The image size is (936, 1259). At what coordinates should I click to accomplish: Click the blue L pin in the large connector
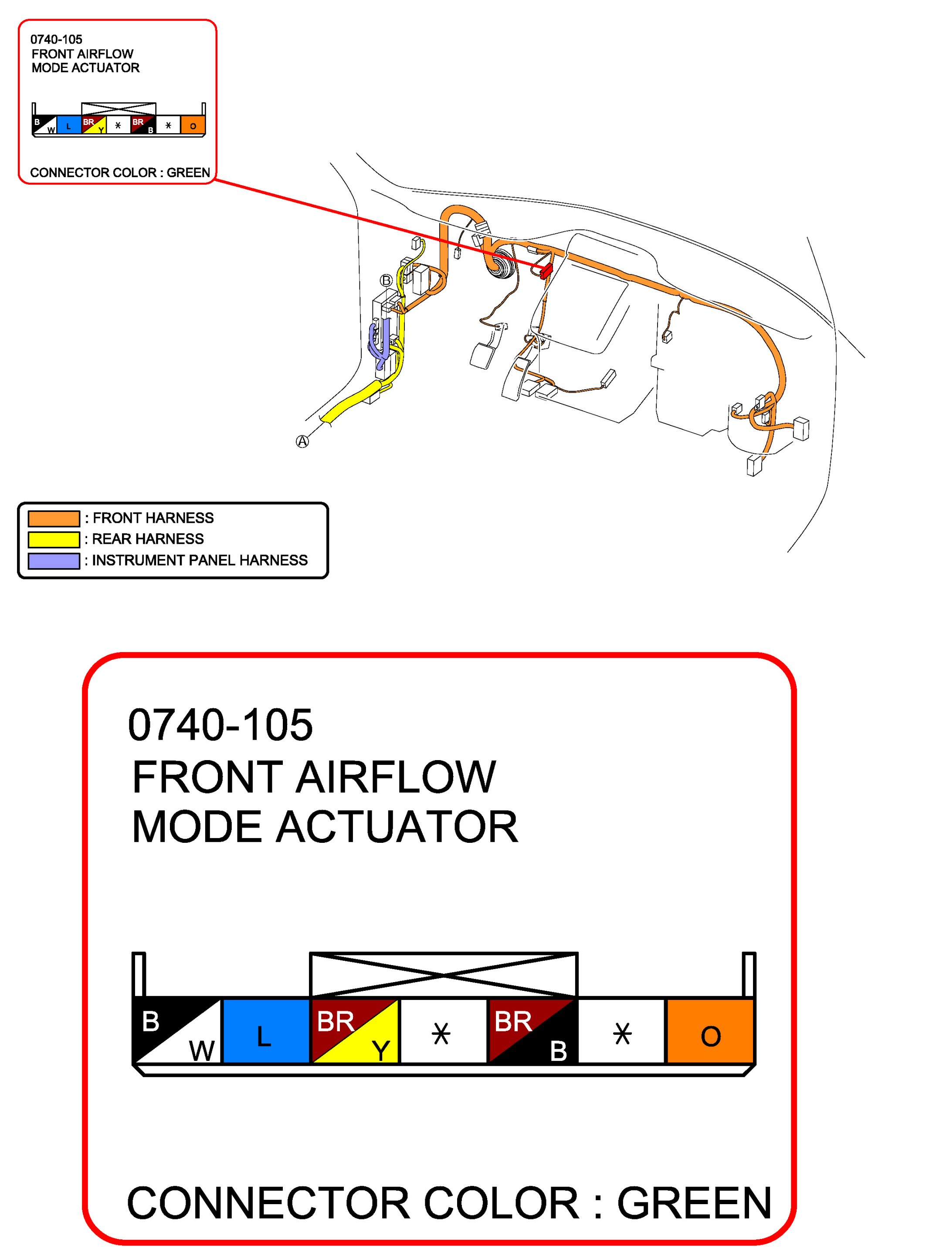tap(266, 1030)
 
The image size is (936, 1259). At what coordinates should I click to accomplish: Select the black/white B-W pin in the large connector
tap(176, 1030)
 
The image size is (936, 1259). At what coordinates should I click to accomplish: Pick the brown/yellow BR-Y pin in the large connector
tap(355, 1030)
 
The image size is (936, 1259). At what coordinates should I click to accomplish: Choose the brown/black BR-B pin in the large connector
tap(532, 1030)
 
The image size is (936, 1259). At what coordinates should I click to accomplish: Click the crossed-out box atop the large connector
tap(443, 974)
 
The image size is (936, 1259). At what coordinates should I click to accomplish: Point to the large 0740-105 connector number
tap(220, 724)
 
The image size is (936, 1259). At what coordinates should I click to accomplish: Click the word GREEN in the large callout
tap(694, 1203)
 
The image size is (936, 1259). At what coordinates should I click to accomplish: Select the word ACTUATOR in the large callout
tap(397, 827)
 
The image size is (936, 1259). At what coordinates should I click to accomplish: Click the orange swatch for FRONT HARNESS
tap(54, 518)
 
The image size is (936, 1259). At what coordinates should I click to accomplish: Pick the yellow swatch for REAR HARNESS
tap(54, 539)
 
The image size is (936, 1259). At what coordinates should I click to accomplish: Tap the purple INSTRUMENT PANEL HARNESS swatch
tap(54, 560)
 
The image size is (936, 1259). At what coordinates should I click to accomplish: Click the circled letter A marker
tap(302, 441)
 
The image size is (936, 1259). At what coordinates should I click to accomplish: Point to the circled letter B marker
tap(386, 280)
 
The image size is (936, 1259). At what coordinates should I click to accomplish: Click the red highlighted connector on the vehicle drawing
tap(546, 271)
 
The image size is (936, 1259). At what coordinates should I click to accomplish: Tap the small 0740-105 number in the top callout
tap(56, 40)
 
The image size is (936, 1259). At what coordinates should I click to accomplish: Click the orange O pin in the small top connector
tap(193, 125)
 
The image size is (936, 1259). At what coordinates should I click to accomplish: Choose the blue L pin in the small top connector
tap(68, 125)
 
